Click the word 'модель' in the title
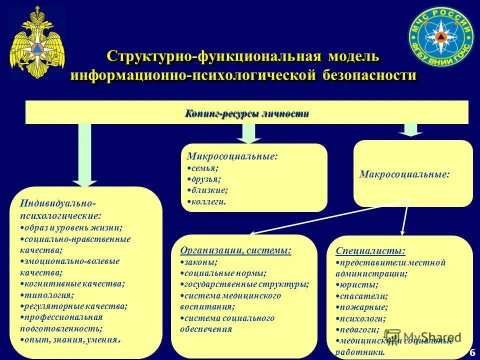[x=354, y=56]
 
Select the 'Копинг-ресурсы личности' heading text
[x=247, y=113]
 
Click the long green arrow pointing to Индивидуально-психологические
[x=85, y=155]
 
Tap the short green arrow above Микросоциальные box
[x=248, y=132]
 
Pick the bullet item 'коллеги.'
[x=209, y=202]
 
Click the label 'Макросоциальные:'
[x=404, y=174]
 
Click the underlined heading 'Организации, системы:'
[x=235, y=250]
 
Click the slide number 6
[x=471, y=352]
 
